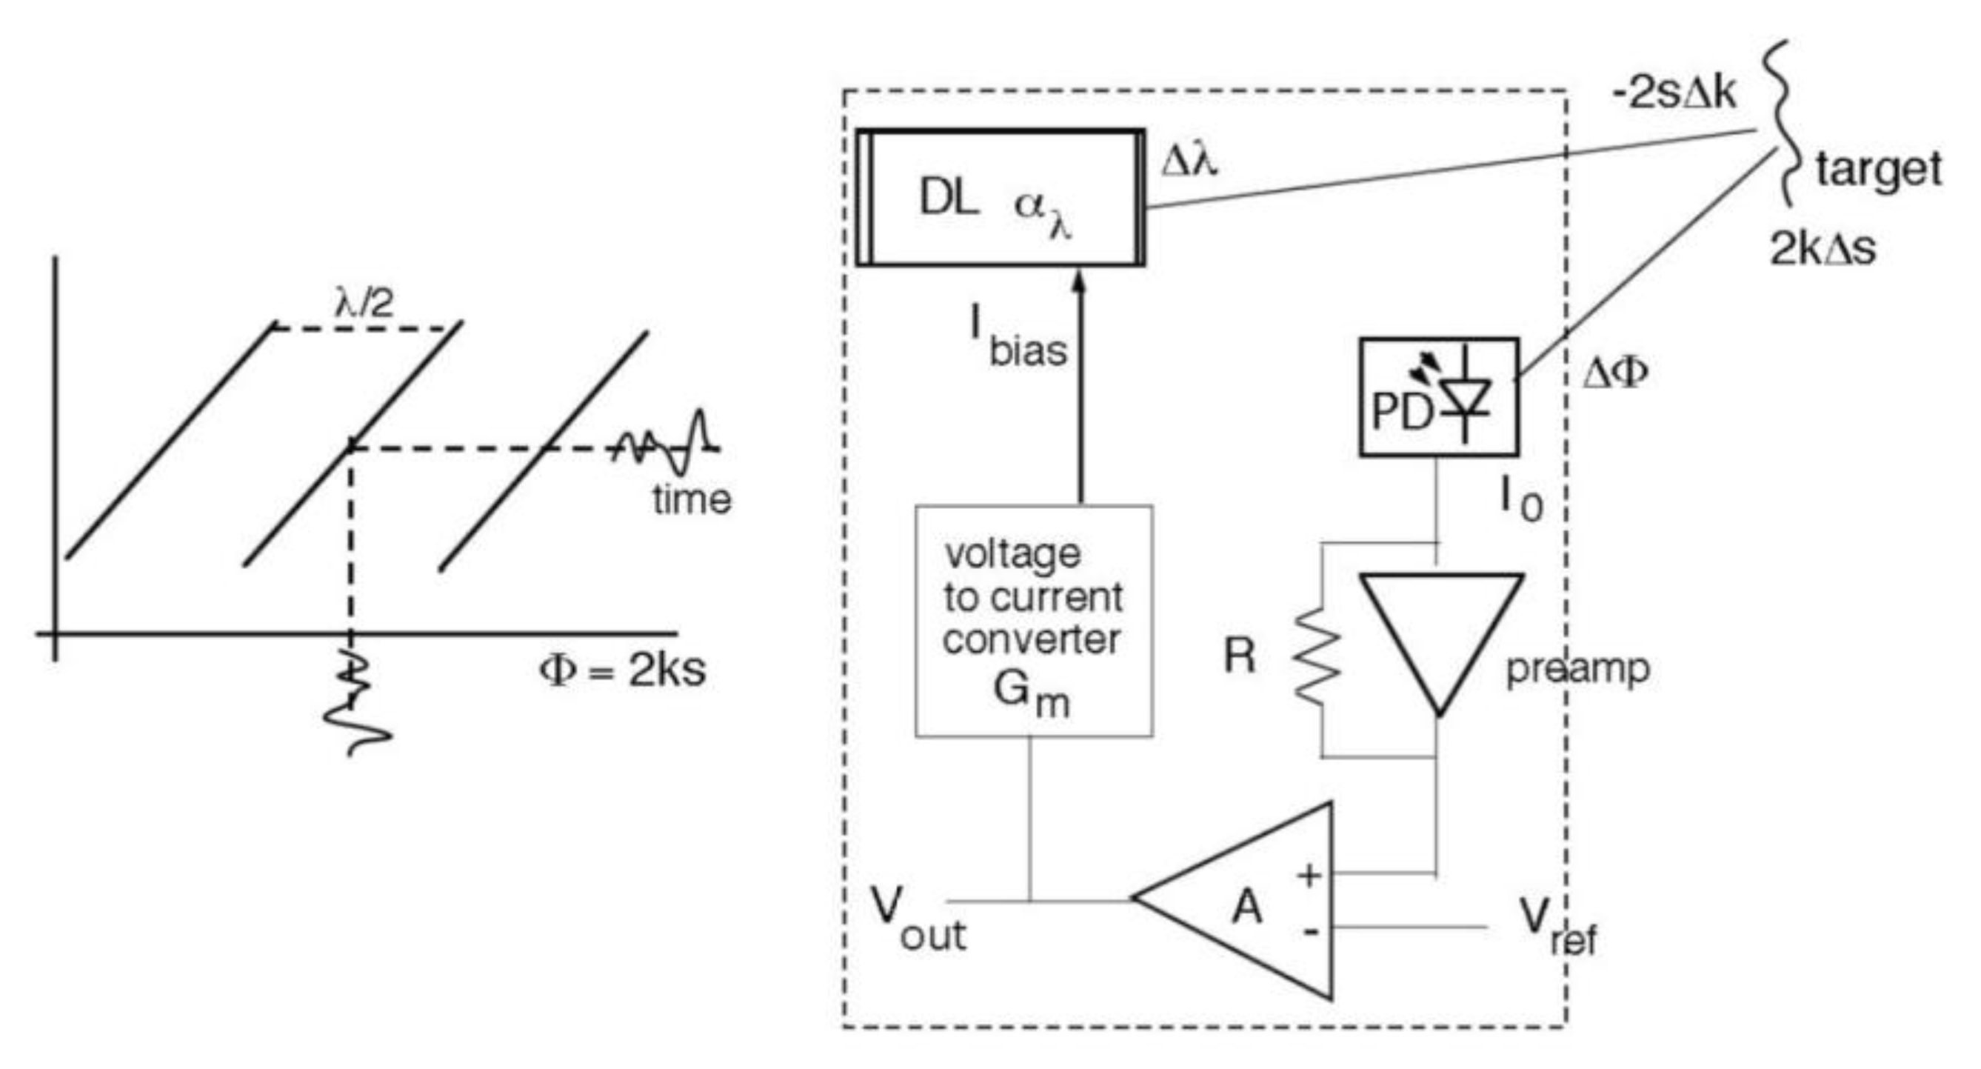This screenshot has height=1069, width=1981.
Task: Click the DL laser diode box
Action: point(1000,198)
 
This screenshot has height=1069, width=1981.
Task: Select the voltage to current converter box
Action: point(1033,621)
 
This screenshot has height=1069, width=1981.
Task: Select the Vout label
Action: point(915,919)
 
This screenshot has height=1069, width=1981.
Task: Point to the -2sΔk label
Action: point(1674,95)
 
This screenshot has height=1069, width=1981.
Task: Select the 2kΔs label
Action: point(1823,248)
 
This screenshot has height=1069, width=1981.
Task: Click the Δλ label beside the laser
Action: point(1189,162)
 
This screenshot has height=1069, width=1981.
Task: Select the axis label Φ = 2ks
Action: point(621,670)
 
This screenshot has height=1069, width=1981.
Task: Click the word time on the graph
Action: point(692,500)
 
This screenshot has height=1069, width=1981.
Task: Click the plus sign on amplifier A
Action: point(1309,874)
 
